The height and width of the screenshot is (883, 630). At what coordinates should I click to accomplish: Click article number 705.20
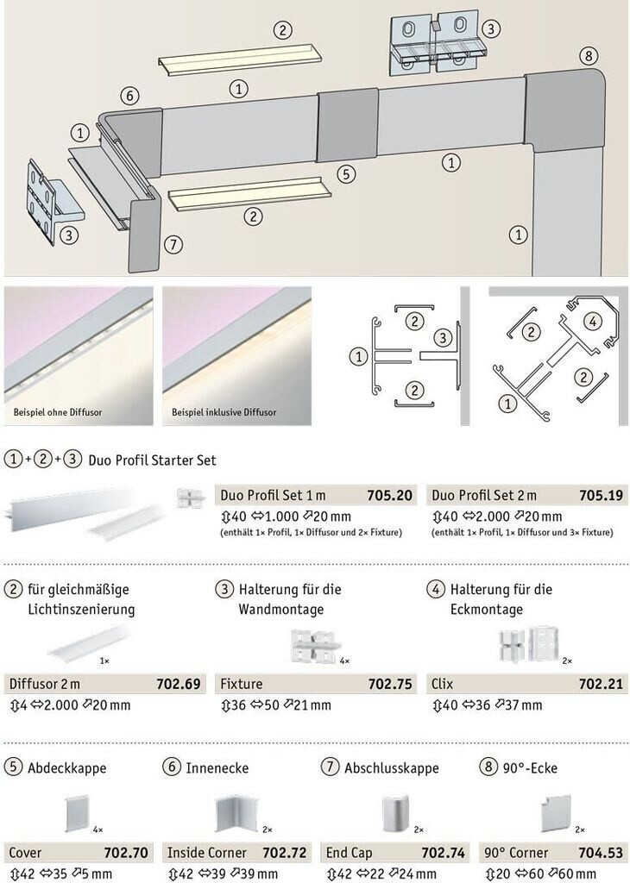click(389, 496)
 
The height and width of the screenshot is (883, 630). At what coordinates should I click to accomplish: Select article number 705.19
click(602, 496)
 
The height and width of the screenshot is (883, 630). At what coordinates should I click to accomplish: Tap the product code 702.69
click(179, 684)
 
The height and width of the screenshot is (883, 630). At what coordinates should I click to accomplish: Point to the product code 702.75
click(390, 684)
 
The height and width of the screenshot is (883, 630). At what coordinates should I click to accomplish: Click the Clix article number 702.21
click(602, 684)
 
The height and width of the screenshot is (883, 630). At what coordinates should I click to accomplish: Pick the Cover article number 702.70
click(126, 853)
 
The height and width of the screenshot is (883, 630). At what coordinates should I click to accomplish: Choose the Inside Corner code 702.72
click(285, 853)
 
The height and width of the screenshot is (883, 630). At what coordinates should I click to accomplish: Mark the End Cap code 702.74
click(444, 853)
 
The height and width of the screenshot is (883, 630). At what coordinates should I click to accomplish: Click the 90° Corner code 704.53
click(602, 853)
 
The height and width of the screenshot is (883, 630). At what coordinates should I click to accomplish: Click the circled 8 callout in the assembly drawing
click(589, 56)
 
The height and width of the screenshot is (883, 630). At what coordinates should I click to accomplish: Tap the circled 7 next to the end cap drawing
click(173, 244)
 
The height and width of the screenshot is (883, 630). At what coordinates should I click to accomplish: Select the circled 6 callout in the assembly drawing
click(130, 96)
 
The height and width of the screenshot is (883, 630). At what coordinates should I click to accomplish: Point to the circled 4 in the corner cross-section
click(592, 322)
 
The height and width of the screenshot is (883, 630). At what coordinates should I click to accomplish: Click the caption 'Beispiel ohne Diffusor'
click(58, 412)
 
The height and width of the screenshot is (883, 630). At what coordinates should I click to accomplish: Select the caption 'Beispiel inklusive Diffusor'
click(224, 412)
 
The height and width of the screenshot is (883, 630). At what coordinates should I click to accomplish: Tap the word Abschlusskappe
click(392, 768)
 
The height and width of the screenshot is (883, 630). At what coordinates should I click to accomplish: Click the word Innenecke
click(217, 768)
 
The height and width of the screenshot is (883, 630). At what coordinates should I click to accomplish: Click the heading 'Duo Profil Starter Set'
click(152, 460)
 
